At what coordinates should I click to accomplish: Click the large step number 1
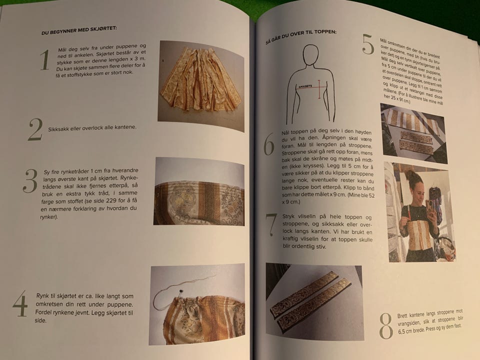point(45,59)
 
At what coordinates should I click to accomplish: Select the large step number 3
point(30,181)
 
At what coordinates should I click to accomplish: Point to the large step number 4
point(20,303)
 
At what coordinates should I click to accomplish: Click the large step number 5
point(368,44)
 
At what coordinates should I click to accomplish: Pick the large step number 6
point(269,144)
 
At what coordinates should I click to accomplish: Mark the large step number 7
point(271,225)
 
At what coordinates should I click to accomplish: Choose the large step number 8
point(386,326)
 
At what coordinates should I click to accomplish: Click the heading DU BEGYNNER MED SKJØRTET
point(79,30)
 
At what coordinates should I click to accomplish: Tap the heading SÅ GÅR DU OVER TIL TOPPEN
point(301,36)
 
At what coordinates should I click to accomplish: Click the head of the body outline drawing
point(310,55)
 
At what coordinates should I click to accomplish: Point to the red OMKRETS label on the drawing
point(305,86)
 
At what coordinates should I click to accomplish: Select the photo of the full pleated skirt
point(201,85)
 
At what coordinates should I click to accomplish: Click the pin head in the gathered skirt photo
point(180,290)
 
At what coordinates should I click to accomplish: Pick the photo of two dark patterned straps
point(314,301)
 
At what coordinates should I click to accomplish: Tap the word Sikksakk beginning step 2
point(58,129)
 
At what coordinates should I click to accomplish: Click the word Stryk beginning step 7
point(288,216)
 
